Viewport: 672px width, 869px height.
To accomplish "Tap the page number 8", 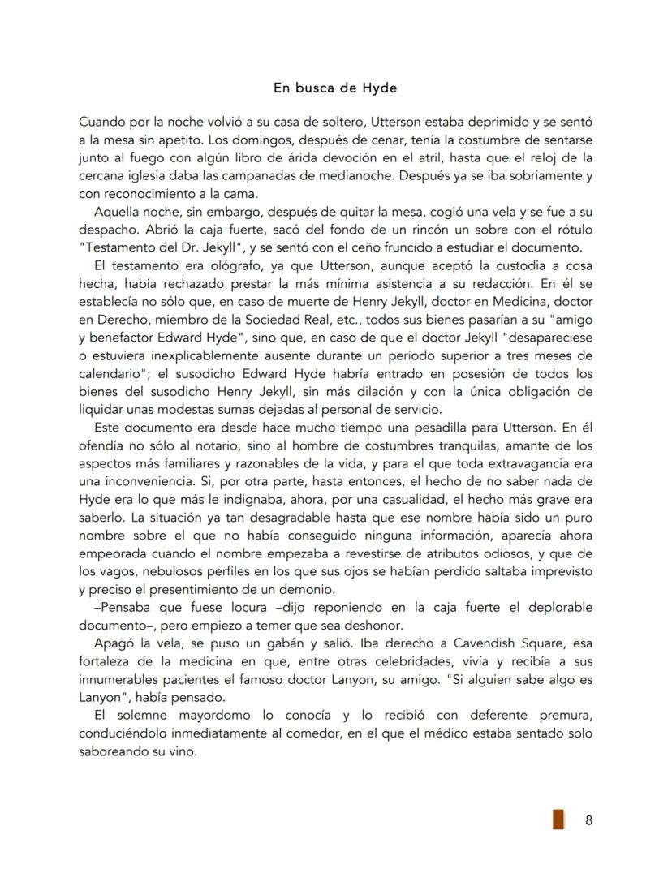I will coord(588,820).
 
